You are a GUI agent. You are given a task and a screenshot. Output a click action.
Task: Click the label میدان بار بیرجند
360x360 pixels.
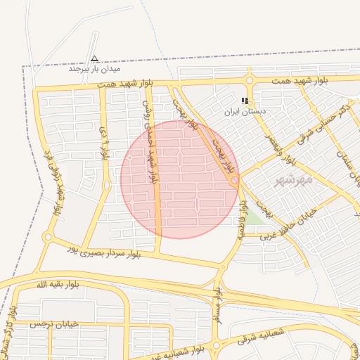pos(95,70)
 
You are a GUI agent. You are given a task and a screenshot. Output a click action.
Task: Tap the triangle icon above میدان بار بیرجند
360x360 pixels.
pos(95,59)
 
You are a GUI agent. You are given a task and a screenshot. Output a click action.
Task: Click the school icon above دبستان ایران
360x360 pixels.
pos(245,101)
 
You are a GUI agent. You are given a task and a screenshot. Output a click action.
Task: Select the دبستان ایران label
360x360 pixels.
pos(244,111)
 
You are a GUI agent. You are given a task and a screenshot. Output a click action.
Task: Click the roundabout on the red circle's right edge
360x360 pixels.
pos(235,181)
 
